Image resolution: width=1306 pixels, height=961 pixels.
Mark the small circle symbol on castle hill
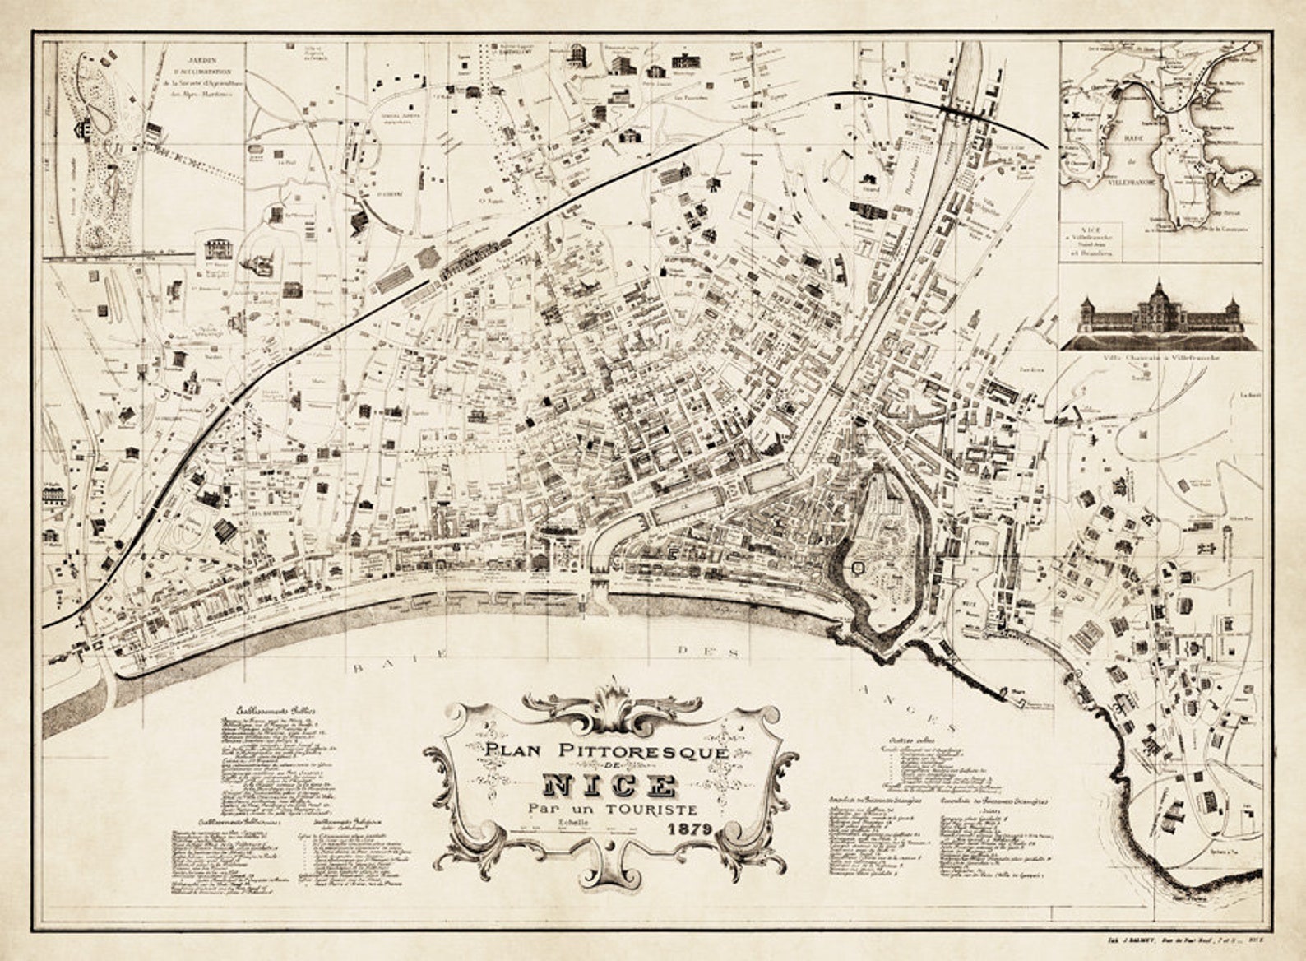pos(859,566)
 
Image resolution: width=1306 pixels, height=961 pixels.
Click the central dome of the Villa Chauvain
pos(1159,290)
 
